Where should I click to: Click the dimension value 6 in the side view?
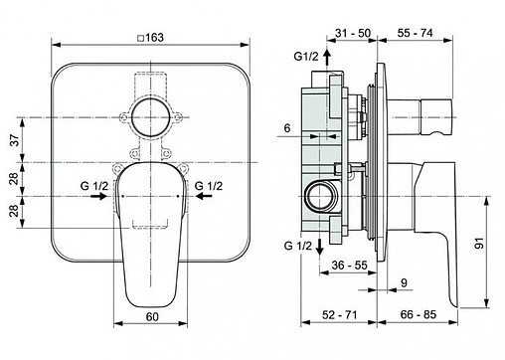click(x=285, y=128)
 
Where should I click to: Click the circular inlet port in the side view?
click(x=320, y=196)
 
